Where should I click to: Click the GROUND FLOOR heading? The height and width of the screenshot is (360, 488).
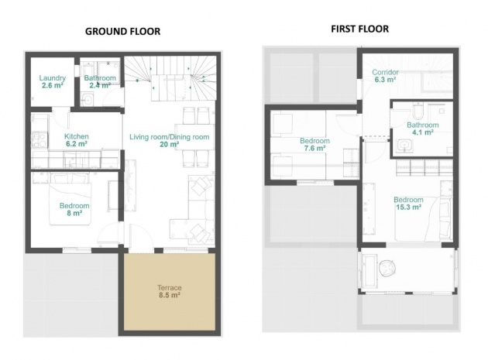tap(122, 32)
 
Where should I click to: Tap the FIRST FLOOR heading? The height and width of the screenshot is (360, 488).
tap(359, 29)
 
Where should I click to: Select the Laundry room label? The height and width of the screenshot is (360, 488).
tap(53, 77)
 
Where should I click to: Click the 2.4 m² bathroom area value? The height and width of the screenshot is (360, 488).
tap(100, 85)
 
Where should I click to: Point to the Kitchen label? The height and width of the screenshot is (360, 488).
tap(77, 136)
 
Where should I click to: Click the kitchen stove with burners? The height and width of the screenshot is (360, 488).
tap(40, 140)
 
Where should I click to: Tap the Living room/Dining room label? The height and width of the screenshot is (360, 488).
tap(170, 137)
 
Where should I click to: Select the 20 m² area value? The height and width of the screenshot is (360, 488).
tap(170, 144)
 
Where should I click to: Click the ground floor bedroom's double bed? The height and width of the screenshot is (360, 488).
tap(70, 199)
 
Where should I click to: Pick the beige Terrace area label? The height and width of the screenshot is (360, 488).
tap(170, 288)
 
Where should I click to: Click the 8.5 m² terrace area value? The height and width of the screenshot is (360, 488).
tap(170, 295)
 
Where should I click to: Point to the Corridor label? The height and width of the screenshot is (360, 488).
tap(385, 72)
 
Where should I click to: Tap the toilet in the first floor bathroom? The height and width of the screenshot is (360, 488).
tap(418, 112)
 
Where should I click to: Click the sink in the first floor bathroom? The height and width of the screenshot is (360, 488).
tap(405, 146)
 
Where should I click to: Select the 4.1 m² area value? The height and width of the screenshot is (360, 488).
tap(423, 132)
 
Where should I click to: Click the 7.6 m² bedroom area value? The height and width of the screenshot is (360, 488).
tap(315, 148)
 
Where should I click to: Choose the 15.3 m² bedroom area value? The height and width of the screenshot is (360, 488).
tap(409, 207)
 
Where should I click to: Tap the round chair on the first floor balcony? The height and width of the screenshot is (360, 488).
tap(388, 268)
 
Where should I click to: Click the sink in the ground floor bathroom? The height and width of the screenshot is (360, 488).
tap(88, 101)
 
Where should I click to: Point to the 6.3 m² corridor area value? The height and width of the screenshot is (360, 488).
tap(385, 80)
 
